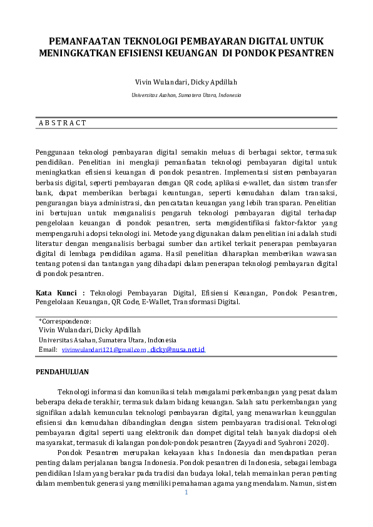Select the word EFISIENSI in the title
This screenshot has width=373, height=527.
[151, 53]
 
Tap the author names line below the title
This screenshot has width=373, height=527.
[186, 83]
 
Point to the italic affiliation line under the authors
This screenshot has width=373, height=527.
[186, 95]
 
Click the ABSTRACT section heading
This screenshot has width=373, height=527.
[63, 123]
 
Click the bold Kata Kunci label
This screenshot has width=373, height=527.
[60, 292]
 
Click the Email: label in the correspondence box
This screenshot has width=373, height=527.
[48, 349]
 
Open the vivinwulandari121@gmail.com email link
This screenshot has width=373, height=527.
[104, 349]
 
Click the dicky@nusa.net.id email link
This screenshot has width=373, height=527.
[178, 349]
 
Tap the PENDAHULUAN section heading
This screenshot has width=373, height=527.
[62, 372]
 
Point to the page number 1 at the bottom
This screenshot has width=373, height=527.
[186, 493]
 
